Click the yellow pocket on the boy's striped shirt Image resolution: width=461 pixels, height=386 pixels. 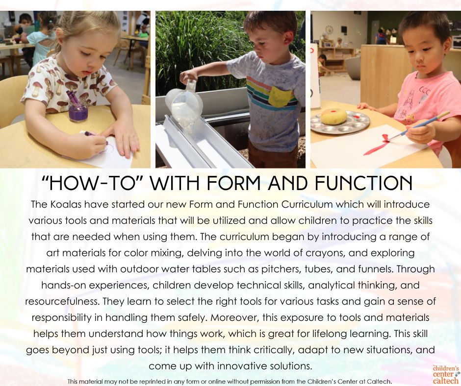point(280,97)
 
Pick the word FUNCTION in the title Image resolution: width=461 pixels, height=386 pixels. point(363,183)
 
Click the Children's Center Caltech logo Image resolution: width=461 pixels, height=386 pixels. point(446,374)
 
